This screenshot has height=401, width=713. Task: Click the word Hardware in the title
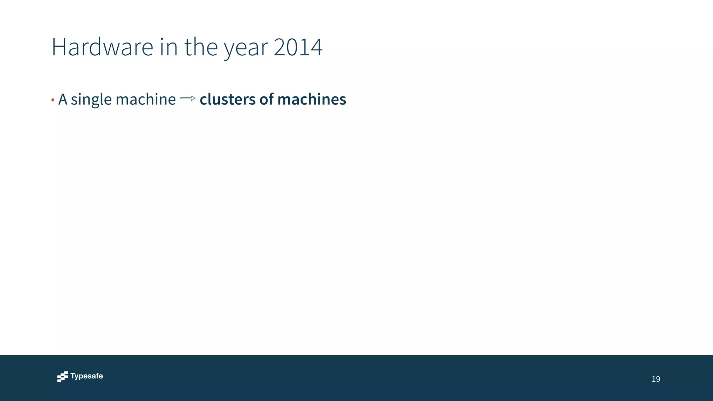(102, 47)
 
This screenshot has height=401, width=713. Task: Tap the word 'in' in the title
(169, 47)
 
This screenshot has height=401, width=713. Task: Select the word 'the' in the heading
(201, 47)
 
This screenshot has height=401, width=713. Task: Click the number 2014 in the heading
(298, 47)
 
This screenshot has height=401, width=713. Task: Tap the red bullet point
(53, 100)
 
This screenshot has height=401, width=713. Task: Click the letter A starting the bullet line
(63, 99)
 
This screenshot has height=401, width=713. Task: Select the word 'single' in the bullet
(91, 100)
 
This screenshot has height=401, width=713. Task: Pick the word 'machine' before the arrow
(146, 99)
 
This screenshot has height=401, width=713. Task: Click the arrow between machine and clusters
(188, 99)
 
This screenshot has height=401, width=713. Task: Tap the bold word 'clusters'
(228, 99)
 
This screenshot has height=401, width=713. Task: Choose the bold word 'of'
(267, 99)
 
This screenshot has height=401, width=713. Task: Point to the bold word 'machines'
(312, 99)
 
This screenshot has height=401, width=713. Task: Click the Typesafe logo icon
(62, 377)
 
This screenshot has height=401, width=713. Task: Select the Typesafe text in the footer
(87, 376)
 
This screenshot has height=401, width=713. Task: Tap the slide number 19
(656, 379)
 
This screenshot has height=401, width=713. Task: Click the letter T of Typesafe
(72, 376)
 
